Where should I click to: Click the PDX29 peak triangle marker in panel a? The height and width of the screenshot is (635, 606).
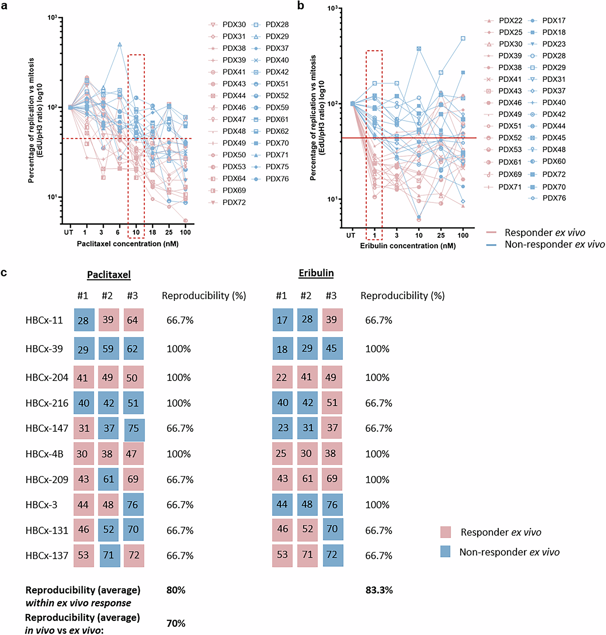(120, 44)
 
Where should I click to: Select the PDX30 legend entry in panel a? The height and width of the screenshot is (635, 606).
(227, 25)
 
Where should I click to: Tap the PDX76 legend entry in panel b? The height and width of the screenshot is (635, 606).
(548, 198)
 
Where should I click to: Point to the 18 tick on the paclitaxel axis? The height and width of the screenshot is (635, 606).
(152, 232)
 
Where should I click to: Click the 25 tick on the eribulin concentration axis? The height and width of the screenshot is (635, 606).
(441, 235)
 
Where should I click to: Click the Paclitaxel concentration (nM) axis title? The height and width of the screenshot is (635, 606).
(128, 244)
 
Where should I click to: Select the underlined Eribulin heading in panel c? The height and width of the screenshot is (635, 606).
(316, 273)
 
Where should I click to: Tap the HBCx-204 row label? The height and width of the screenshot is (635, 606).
(47, 377)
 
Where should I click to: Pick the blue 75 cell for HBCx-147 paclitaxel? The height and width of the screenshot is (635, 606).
(134, 428)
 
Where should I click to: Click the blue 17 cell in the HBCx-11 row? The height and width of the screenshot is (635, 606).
(283, 320)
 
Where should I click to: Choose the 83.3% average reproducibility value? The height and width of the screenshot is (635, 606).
(379, 590)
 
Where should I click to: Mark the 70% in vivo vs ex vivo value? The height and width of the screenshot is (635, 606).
(176, 623)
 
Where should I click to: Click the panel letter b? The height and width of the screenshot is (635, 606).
(300, 6)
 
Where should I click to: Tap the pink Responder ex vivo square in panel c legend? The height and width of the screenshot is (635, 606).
(445, 532)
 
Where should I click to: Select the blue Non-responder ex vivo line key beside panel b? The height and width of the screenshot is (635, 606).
(491, 245)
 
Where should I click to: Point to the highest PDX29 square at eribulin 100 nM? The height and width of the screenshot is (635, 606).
(463, 38)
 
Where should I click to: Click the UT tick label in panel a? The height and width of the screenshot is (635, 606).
(69, 232)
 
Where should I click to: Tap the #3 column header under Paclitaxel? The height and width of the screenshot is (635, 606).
(132, 296)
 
